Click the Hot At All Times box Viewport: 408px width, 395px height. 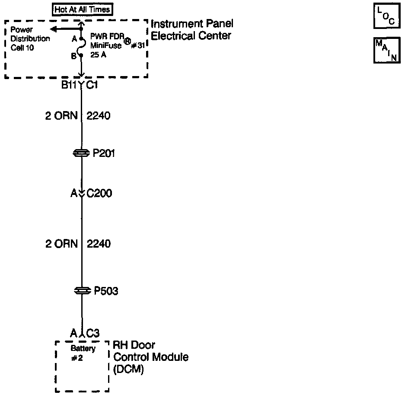(x=82, y=9)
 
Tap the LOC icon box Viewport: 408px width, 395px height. (x=385, y=16)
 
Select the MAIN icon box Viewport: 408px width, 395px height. (x=385, y=51)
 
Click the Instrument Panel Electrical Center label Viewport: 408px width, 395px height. (x=192, y=30)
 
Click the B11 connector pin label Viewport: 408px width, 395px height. (x=69, y=85)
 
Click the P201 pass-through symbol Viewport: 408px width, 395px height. (x=81, y=153)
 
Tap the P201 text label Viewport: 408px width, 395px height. (x=104, y=153)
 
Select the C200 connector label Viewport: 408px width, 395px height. (x=99, y=193)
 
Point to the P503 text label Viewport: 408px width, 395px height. (x=106, y=292)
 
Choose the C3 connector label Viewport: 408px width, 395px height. (x=93, y=333)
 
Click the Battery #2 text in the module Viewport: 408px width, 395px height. (x=83, y=353)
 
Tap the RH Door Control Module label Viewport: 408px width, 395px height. (x=150, y=357)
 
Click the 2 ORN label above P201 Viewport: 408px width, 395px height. (x=61, y=116)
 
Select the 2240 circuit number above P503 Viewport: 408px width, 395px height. (x=99, y=244)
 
